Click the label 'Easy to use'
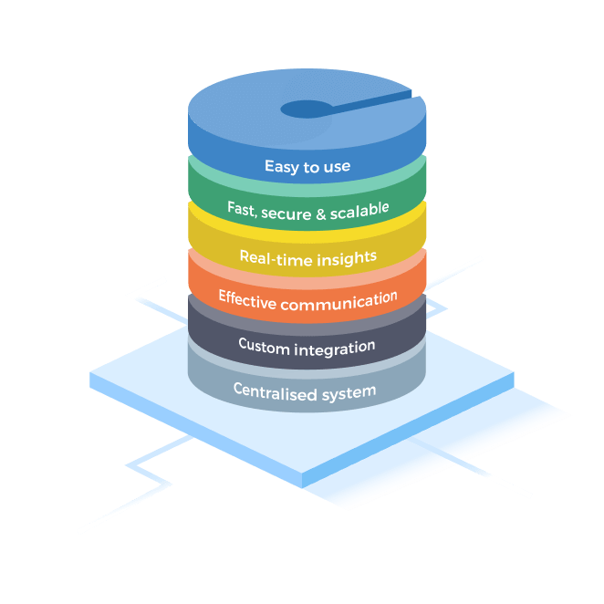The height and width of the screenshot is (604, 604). (x=307, y=166)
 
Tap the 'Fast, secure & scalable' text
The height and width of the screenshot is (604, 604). (x=307, y=209)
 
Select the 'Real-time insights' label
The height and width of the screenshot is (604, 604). (x=307, y=258)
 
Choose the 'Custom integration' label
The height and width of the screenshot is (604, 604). (x=307, y=346)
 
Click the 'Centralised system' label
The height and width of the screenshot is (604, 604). (x=305, y=391)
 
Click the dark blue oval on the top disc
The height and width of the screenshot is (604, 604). (x=307, y=109)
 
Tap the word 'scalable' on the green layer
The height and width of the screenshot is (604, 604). (x=359, y=208)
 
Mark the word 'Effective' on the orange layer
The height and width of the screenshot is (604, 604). (x=248, y=298)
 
